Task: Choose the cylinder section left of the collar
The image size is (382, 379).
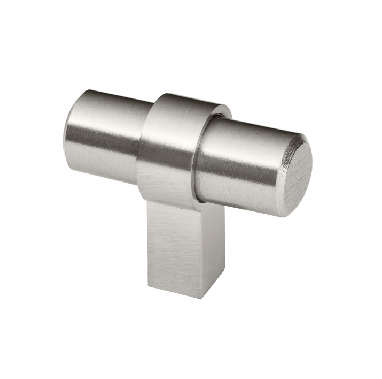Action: [x=107, y=134]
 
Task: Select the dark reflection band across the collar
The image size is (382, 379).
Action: [x=166, y=155]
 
